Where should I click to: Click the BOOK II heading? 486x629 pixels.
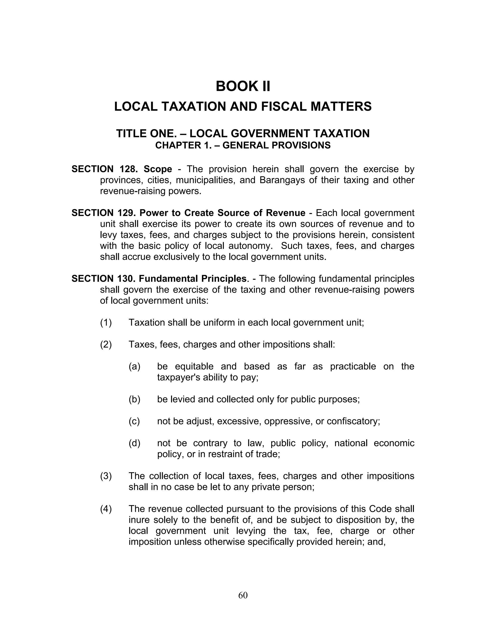243,86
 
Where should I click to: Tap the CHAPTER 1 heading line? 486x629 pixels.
243,146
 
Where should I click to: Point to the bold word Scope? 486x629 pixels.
158,169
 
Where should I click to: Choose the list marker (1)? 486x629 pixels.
106,322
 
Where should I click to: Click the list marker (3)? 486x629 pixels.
106,476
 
